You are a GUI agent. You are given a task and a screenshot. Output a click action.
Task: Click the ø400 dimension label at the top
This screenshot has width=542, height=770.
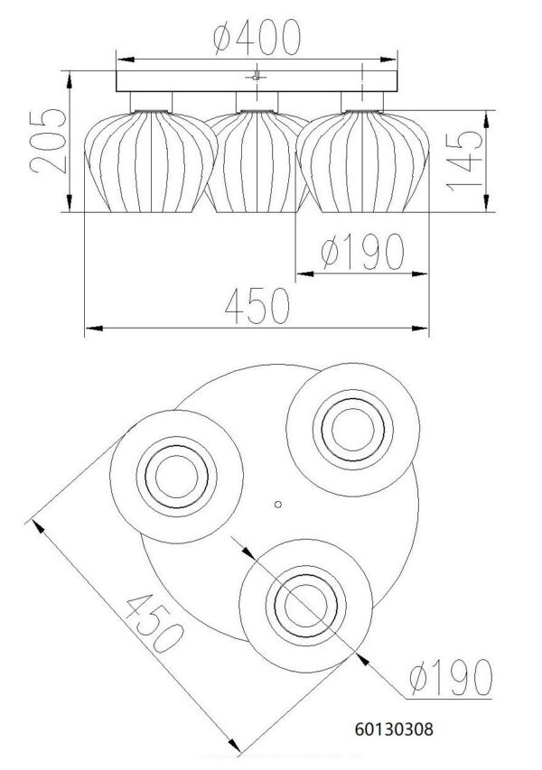pyautogui.click(x=257, y=37)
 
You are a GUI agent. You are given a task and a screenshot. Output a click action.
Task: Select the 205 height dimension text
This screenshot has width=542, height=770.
pyautogui.click(x=48, y=142)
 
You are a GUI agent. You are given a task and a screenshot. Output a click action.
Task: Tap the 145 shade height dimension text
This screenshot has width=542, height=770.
pyautogui.click(x=464, y=161)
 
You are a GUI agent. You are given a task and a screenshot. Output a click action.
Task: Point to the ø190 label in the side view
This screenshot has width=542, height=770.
pyautogui.click(x=362, y=253)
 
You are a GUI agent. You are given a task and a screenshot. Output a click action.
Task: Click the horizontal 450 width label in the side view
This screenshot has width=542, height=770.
pyautogui.click(x=257, y=306)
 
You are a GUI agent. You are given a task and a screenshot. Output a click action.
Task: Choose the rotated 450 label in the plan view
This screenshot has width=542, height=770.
pyautogui.click(x=154, y=622)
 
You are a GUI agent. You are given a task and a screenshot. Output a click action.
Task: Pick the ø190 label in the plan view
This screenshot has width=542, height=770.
pyautogui.click(x=451, y=678)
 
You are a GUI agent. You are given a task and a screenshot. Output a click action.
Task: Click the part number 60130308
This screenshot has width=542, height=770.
pyautogui.click(x=394, y=728)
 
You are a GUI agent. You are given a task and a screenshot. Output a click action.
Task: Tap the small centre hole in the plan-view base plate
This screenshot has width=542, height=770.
pyautogui.click(x=277, y=505)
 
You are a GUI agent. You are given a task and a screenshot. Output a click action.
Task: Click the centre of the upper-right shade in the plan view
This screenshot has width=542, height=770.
pyautogui.click(x=353, y=430)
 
